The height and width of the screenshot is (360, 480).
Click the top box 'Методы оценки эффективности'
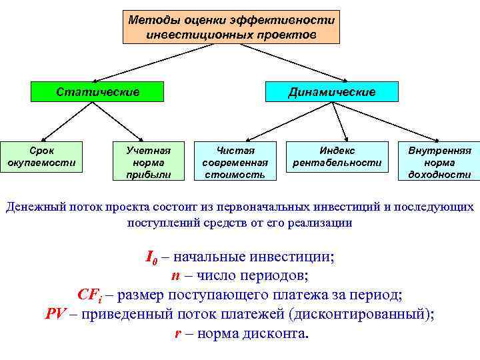(231, 27)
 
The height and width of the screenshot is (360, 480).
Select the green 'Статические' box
(97, 91)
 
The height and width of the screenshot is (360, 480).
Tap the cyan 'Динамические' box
(331, 91)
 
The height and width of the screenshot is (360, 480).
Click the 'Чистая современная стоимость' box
(235, 162)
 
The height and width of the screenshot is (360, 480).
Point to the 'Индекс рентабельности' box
(337, 157)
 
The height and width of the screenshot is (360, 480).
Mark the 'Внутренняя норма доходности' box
(439, 162)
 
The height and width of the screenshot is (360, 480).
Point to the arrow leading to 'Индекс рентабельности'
(341, 120)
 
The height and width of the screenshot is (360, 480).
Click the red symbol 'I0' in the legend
(151, 257)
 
